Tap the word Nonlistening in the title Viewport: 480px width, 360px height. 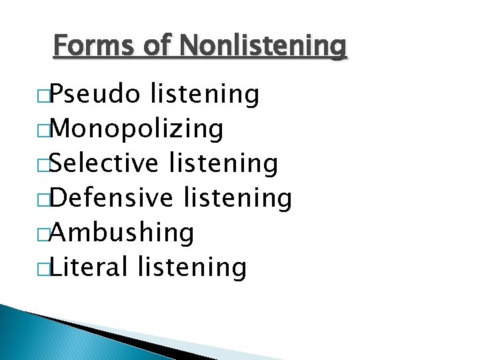[263, 46]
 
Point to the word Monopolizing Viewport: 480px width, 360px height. [136, 129]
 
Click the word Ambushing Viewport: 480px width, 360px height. [122, 233]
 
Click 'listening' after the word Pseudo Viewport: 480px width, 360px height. [205, 95]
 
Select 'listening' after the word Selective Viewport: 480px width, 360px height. [223, 163]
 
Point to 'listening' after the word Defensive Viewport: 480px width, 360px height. [237, 198]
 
